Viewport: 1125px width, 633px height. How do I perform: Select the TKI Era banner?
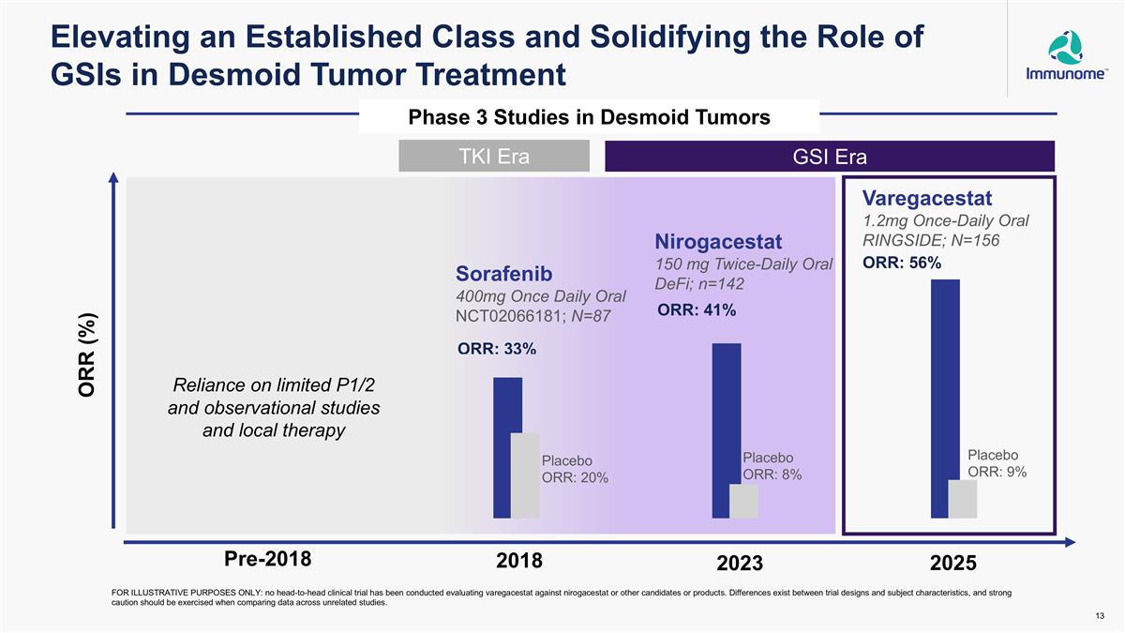494,157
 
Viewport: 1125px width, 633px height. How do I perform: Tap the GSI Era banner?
830,157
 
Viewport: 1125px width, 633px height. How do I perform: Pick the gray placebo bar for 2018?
525,475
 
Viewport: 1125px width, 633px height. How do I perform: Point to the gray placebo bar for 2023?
743,501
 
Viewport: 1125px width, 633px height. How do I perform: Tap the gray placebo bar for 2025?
963,499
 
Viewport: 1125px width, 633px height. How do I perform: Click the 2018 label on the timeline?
518,561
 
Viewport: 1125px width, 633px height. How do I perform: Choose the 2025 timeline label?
953,564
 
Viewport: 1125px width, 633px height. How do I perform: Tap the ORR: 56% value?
902,264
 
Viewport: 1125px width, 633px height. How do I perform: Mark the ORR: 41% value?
696,310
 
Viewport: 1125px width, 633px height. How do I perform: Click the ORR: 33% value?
497,350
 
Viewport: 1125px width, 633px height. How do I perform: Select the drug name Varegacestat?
926,199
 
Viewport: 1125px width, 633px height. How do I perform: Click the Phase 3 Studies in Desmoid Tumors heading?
590,117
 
